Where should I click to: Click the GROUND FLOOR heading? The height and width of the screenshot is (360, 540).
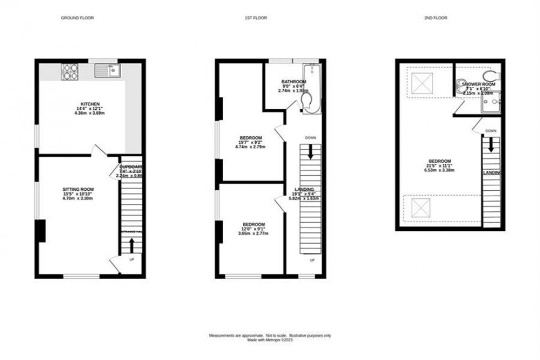pyautogui.click(x=77, y=18)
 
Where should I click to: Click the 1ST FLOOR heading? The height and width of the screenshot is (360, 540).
pyautogui.click(x=256, y=18)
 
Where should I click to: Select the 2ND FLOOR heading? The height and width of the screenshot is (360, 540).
pyautogui.click(x=436, y=18)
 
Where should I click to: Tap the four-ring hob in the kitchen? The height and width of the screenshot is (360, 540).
pyautogui.click(x=71, y=71)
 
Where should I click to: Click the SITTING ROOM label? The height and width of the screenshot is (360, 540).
pyautogui.click(x=78, y=189)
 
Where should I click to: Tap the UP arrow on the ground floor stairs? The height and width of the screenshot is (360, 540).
pyautogui.click(x=132, y=245)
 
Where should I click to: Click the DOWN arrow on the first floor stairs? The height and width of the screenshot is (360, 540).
pyautogui.click(x=311, y=151)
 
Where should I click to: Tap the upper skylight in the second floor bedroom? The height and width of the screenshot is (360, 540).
pyautogui.click(x=423, y=84)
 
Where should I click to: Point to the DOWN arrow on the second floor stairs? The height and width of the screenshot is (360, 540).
pyautogui.click(x=490, y=144)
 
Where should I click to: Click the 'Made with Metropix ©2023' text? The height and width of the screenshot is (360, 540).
pyautogui.click(x=269, y=340)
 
